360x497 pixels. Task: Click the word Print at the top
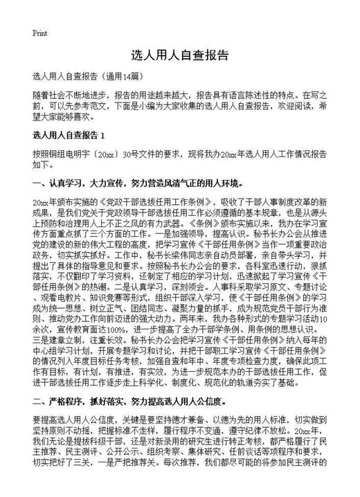(39, 33)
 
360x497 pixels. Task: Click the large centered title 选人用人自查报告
(179, 55)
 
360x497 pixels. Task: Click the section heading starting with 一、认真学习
(138, 183)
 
